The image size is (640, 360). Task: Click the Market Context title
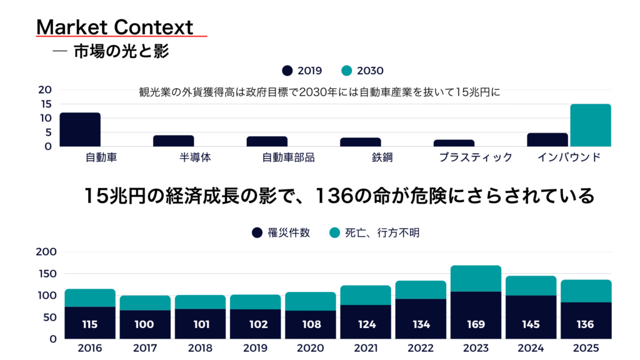pyautogui.click(x=115, y=27)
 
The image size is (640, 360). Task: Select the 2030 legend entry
pyautogui.click(x=363, y=71)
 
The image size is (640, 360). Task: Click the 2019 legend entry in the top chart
pyautogui.click(x=302, y=71)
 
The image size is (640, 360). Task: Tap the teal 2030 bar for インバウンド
pyautogui.click(x=590, y=125)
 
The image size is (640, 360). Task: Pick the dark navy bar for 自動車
pyautogui.click(x=80, y=129)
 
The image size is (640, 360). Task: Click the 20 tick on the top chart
pyautogui.click(x=45, y=90)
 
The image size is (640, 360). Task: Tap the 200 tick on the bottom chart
pyautogui.click(x=47, y=252)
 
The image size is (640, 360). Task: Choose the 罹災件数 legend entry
pyautogui.click(x=281, y=233)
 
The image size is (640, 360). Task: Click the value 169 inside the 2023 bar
pyautogui.click(x=476, y=324)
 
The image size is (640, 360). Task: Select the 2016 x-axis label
pyautogui.click(x=91, y=347)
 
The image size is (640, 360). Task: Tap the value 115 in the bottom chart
pyautogui.click(x=90, y=324)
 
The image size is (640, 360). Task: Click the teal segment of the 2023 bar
pyautogui.click(x=476, y=279)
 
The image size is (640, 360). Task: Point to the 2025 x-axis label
pyautogui.click(x=586, y=347)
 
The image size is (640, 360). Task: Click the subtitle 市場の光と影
pyautogui.click(x=121, y=51)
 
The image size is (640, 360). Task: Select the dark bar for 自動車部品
pyautogui.click(x=267, y=141)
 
